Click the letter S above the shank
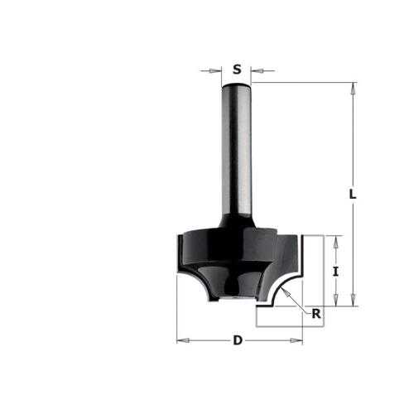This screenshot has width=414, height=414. click(237, 70)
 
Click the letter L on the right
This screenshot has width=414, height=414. click(353, 194)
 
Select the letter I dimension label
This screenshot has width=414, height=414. click(335, 272)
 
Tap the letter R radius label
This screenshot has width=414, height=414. click(316, 314)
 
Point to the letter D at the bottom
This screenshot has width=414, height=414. click(238, 340)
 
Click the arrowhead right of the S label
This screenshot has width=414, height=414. click(257, 71)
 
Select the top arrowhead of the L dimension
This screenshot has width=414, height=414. click(353, 89)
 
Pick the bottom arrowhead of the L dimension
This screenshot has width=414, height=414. click(353, 300)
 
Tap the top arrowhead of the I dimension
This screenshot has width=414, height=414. click(335, 243)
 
